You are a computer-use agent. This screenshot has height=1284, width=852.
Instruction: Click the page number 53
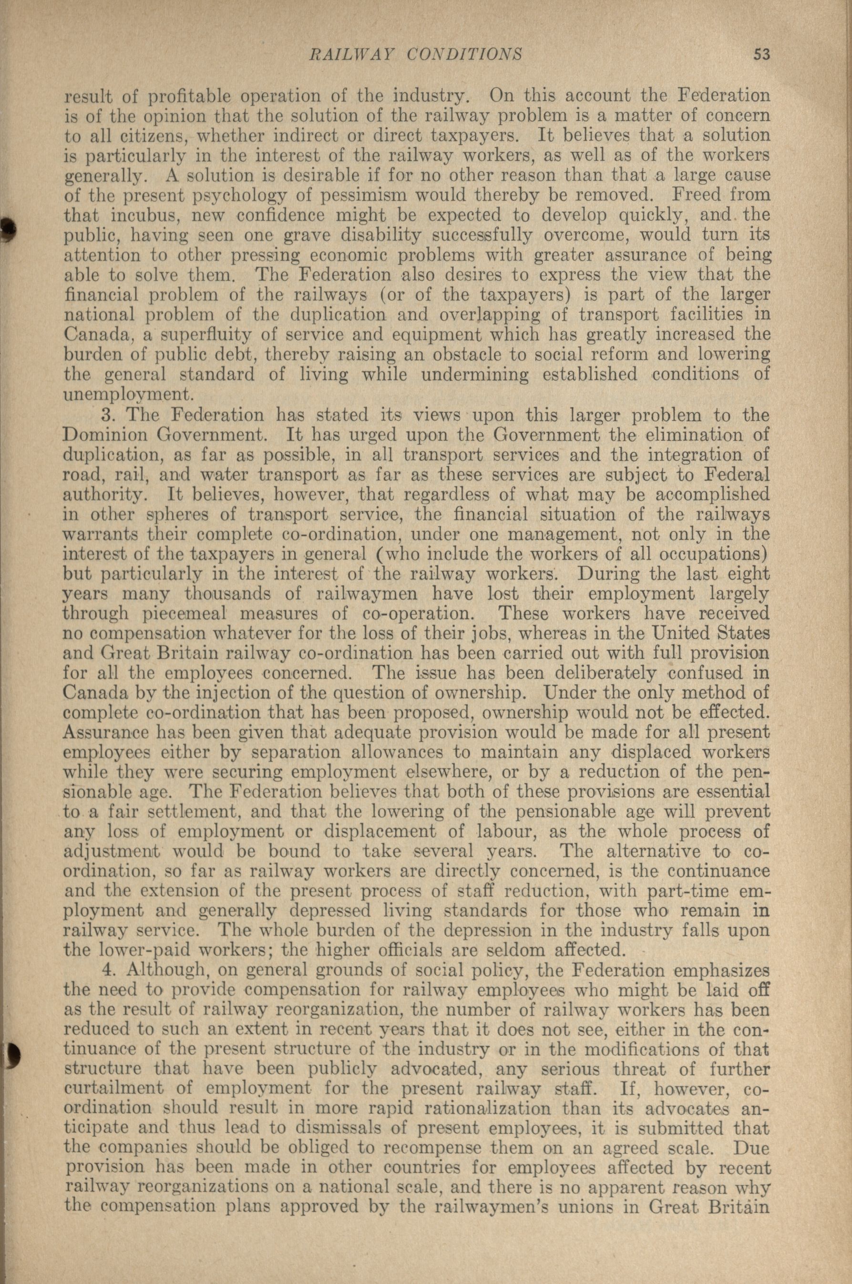coord(762,54)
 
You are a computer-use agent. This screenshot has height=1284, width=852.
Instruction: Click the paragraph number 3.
coord(107,416)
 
